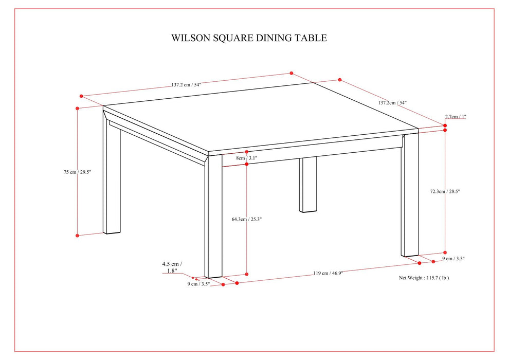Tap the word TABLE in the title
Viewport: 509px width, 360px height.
click(x=310, y=38)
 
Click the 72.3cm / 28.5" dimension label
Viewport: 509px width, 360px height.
click(x=445, y=191)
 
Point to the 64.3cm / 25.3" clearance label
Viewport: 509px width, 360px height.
click(x=247, y=219)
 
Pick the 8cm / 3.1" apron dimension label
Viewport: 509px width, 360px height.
click(x=246, y=158)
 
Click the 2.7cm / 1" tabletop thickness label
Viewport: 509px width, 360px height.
click(x=456, y=117)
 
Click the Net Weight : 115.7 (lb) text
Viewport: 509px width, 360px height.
click(x=424, y=277)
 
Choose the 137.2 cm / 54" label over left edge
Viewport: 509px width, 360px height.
click(x=186, y=85)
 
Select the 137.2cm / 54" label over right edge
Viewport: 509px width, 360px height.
click(x=392, y=103)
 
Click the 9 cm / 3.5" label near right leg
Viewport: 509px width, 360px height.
click(x=453, y=259)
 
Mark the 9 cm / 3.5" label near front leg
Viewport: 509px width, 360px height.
click(x=198, y=283)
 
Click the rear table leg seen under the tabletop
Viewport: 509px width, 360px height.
click(x=308, y=185)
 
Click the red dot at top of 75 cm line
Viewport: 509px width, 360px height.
click(x=77, y=109)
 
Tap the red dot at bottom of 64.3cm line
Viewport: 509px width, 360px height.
click(x=247, y=274)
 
